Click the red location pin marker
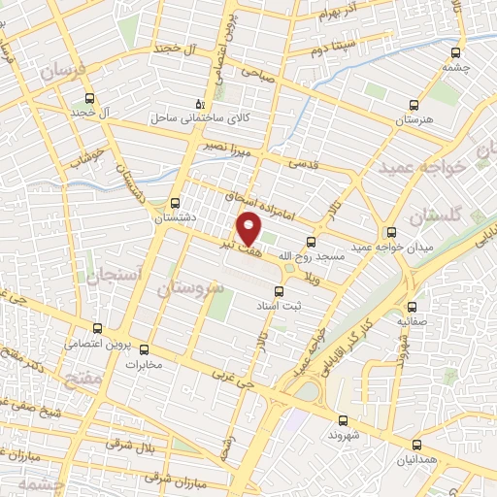point(249,229)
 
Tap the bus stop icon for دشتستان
point(175,203)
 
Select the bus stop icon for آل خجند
point(90,98)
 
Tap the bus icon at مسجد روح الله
point(311,242)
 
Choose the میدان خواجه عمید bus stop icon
point(391,232)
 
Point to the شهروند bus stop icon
point(344,420)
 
